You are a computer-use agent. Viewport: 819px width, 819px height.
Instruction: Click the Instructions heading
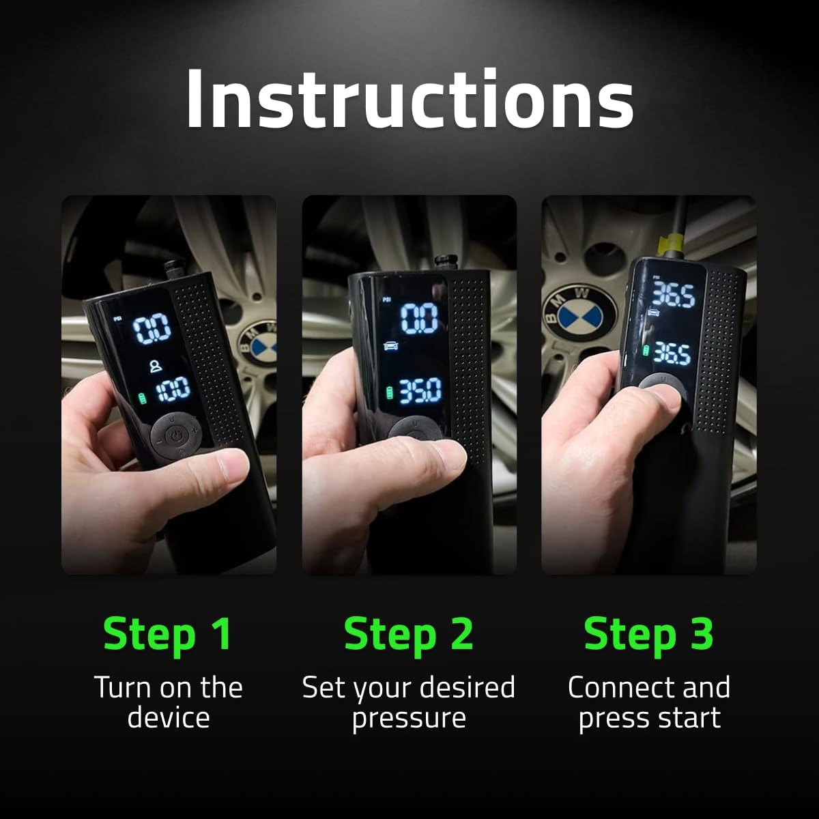coord(409,99)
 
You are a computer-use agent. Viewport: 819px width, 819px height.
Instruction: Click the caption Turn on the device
coord(168,702)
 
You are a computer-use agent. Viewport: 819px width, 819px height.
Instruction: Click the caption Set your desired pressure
coord(409,702)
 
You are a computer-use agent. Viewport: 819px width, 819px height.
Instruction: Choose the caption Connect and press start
coord(648,702)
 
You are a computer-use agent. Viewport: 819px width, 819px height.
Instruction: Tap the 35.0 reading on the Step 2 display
coord(420,391)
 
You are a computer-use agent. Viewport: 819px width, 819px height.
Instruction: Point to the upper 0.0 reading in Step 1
coord(152,330)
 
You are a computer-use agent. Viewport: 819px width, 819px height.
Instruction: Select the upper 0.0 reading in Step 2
coord(418,318)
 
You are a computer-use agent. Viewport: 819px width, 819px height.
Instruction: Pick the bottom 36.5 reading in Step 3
coord(672,353)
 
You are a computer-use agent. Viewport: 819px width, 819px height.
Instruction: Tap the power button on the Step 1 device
coord(176,435)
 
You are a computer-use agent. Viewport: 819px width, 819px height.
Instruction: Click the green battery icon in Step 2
coord(390,393)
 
